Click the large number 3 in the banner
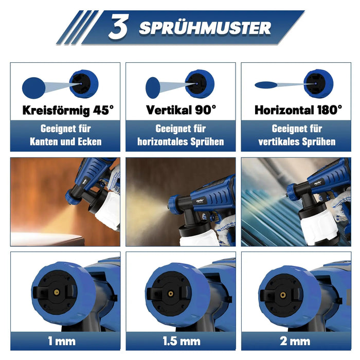tap(118, 26)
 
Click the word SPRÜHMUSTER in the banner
tap(205, 28)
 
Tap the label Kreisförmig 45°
tap(68, 111)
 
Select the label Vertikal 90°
tap(181, 110)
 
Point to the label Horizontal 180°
tap(298, 110)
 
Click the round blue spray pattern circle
tap(34, 88)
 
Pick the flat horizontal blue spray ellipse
tap(266, 85)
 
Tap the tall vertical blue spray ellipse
tap(153, 88)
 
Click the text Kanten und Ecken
tap(66, 141)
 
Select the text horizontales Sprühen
tap(181, 141)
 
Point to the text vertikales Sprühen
tap(297, 141)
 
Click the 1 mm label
tap(62, 341)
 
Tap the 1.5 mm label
tap(182, 341)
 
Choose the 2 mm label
tap(295, 341)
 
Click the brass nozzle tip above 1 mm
tap(57, 292)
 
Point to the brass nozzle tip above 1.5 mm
tap(171, 294)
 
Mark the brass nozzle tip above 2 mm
tap(283, 295)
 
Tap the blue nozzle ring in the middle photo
tap(174, 205)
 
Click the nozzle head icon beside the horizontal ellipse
tap(318, 83)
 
